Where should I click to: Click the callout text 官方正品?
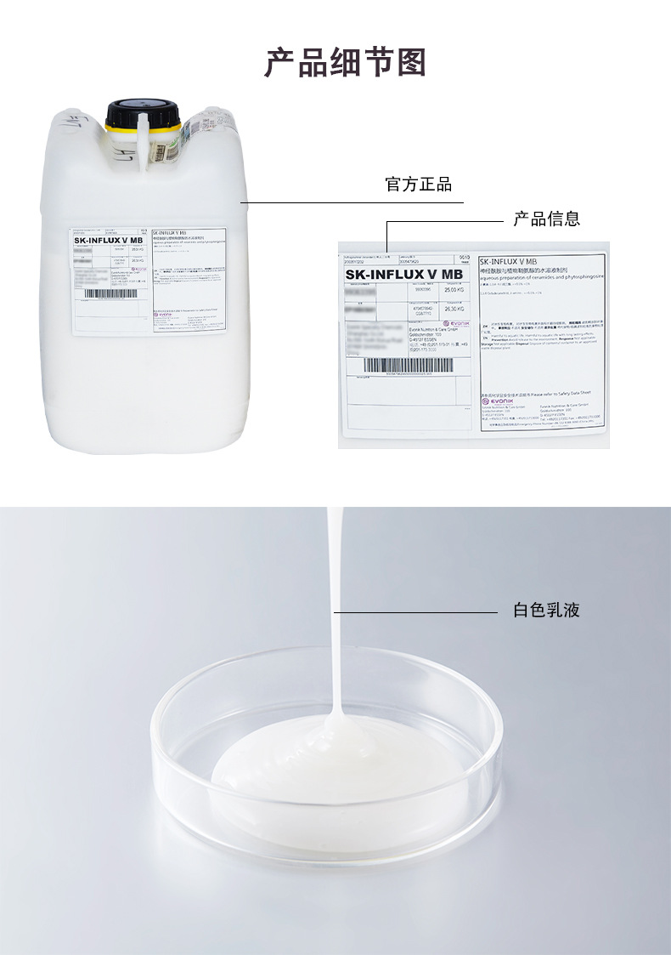point(419,185)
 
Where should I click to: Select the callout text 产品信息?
point(546,219)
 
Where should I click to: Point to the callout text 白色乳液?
point(546,610)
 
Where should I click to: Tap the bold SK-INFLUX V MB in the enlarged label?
point(403,274)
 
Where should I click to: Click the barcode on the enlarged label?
point(408,366)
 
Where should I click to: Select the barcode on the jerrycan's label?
point(111,293)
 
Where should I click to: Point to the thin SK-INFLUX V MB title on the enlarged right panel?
point(508,262)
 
